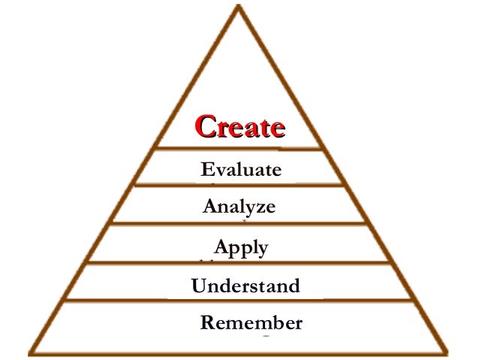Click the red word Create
[x=240, y=126]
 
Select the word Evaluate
[x=241, y=169]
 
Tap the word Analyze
[x=239, y=205]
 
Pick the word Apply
[x=240, y=247]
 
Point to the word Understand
[x=246, y=286]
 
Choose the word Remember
[x=251, y=323]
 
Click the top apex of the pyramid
[x=240, y=8]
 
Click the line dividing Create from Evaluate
[x=240, y=148]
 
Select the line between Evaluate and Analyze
[x=240, y=185]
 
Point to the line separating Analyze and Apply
[x=240, y=223]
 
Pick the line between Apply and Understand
[x=240, y=262]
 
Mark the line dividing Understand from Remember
[x=240, y=301]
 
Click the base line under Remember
[x=240, y=353]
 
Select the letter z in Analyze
[x=258, y=207]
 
